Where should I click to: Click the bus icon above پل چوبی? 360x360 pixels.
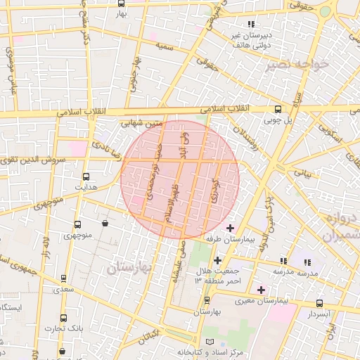click(278, 110)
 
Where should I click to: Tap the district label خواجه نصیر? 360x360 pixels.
click(299, 65)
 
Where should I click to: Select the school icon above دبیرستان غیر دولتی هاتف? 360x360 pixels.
click(251, 25)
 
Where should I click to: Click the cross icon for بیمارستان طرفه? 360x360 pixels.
click(230, 228)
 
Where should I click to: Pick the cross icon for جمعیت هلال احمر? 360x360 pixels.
click(217, 260)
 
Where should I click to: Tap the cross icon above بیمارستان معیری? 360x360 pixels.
click(261, 289)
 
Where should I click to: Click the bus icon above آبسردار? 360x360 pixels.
click(320, 304)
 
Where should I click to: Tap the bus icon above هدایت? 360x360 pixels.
click(86, 177)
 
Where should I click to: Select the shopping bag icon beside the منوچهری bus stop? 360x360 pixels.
click(105, 224)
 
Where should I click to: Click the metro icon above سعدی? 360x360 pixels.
click(64, 278)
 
